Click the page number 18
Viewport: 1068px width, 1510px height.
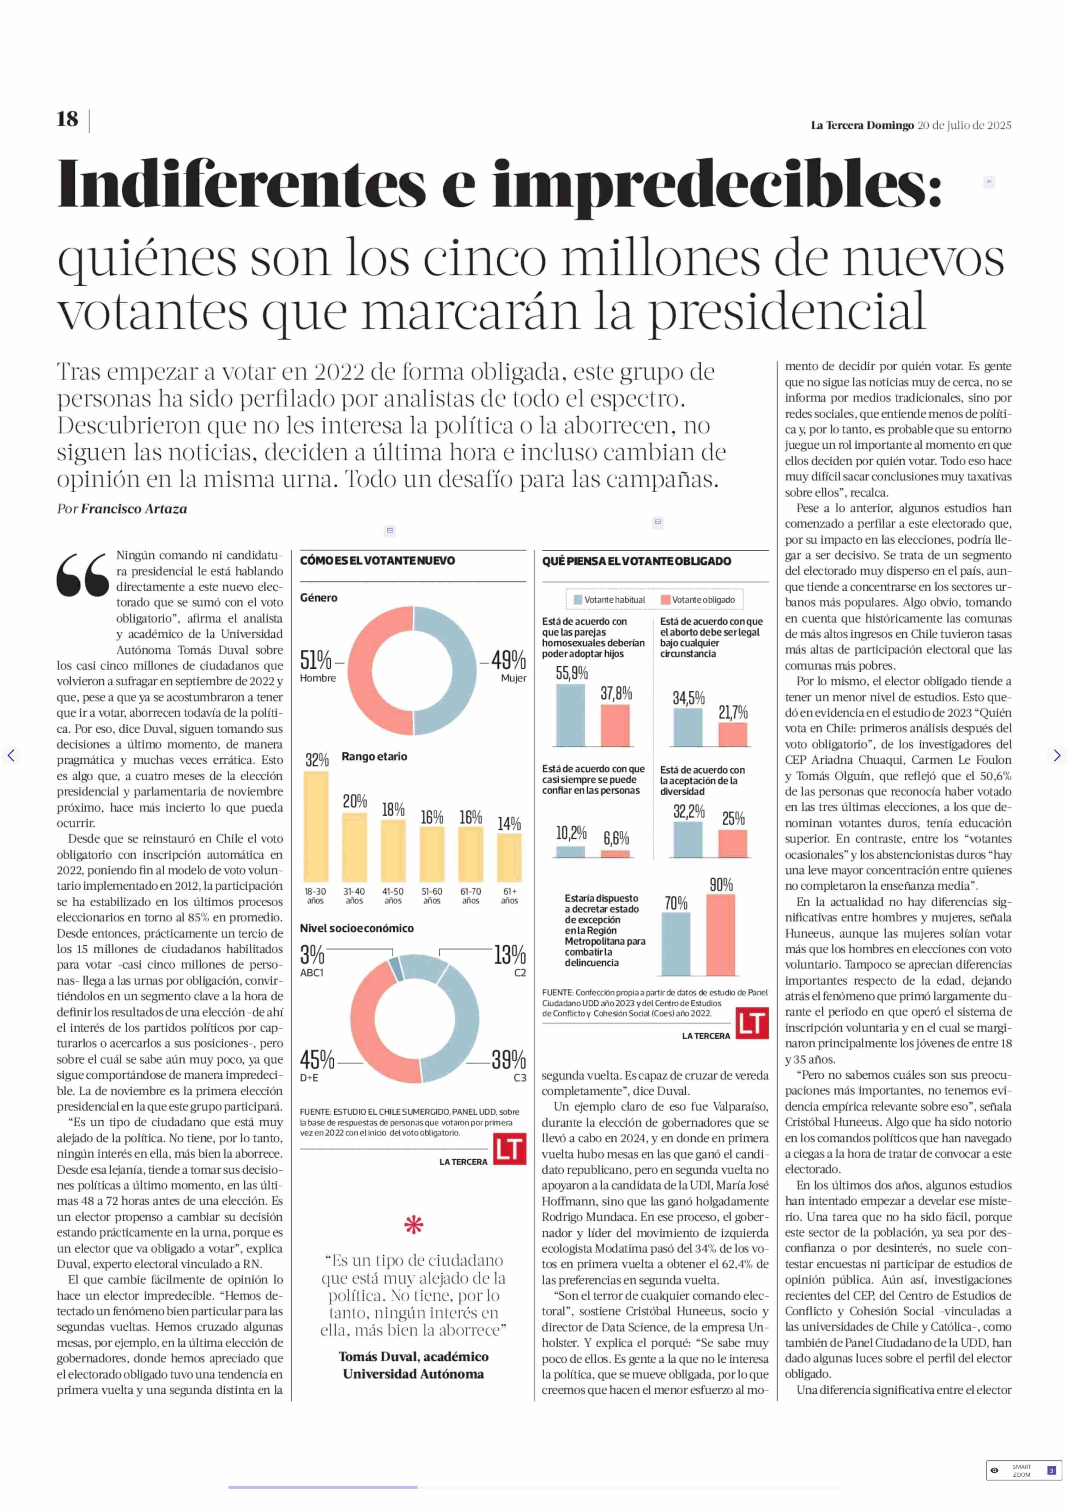(x=67, y=119)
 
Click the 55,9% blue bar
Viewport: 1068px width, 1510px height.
(x=571, y=715)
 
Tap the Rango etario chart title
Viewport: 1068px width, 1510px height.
(x=374, y=757)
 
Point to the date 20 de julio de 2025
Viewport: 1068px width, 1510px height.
(x=964, y=125)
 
